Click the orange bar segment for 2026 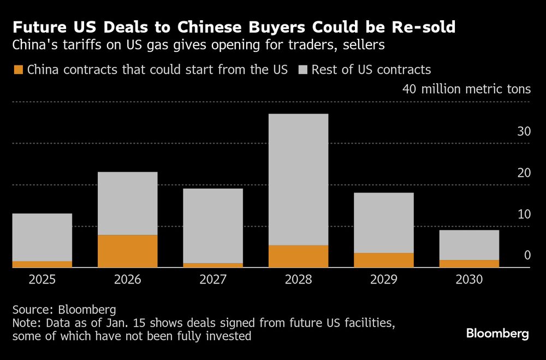tap(128, 251)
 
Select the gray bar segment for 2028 tap(298, 179)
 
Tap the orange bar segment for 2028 tap(298, 256)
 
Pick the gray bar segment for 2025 tap(43, 237)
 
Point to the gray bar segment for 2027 tap(213, 226)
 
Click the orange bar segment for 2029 tap(383, 260)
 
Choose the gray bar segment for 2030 tap(469, 245)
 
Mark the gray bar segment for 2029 tap(383, 222)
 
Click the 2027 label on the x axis tap(213, 280)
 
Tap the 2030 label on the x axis tap(469, 280)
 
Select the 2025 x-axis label tap(43, 280)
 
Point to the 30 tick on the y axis tap(524, 132)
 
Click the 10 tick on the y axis tap(524, 214)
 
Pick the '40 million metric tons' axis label tap(466, 89)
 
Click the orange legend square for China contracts tap(18, 70)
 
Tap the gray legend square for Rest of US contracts tap(303, 70)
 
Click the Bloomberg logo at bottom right tap(497, 334)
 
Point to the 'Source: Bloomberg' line tap(64, 310)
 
